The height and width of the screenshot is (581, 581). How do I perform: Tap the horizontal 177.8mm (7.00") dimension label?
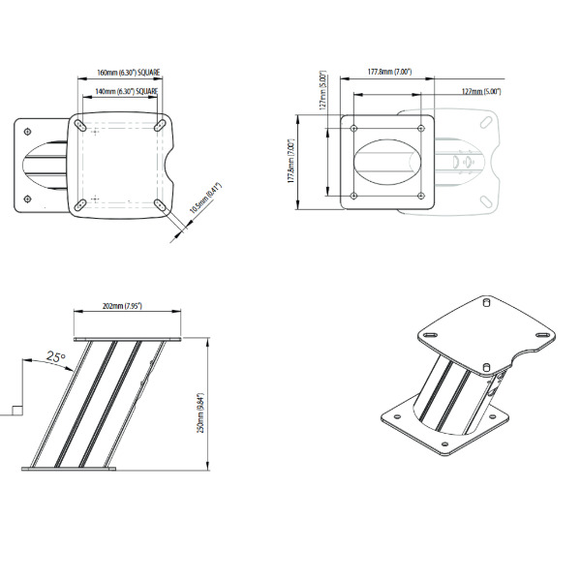click(x=390, y=72)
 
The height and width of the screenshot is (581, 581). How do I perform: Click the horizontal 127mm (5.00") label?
click(x=481, y=91)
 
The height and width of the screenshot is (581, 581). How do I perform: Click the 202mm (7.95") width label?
click(x=122, y=306)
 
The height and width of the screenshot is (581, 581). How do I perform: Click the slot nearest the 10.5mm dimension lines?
click(x=160, y=204)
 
